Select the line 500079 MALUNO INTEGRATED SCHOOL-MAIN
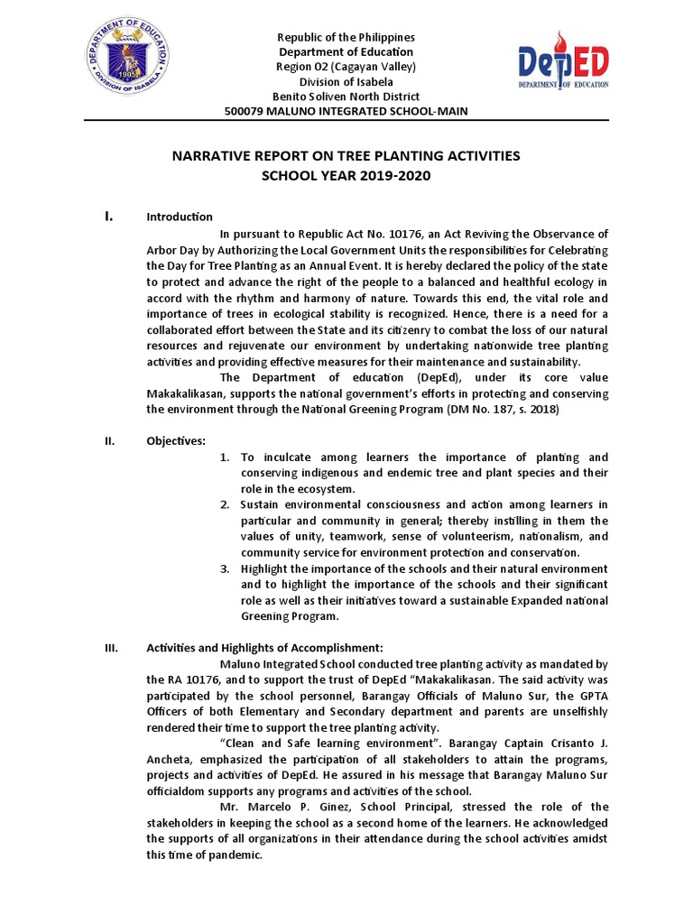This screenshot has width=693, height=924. pos(346,111)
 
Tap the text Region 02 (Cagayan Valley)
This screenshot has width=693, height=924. pos(346,67)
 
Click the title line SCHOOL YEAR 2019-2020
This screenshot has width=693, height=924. pos(346,175)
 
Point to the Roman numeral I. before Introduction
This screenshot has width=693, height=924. pos(108,216)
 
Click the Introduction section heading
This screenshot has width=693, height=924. pos(180,217)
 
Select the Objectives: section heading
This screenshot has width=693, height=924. pos(176,440)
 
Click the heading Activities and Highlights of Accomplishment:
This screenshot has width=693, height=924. pos(265,647)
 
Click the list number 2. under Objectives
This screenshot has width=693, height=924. pos(226,504)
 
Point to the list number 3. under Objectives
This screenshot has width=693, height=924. pos(226,568)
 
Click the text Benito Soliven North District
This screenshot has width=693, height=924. pos(346,97)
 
